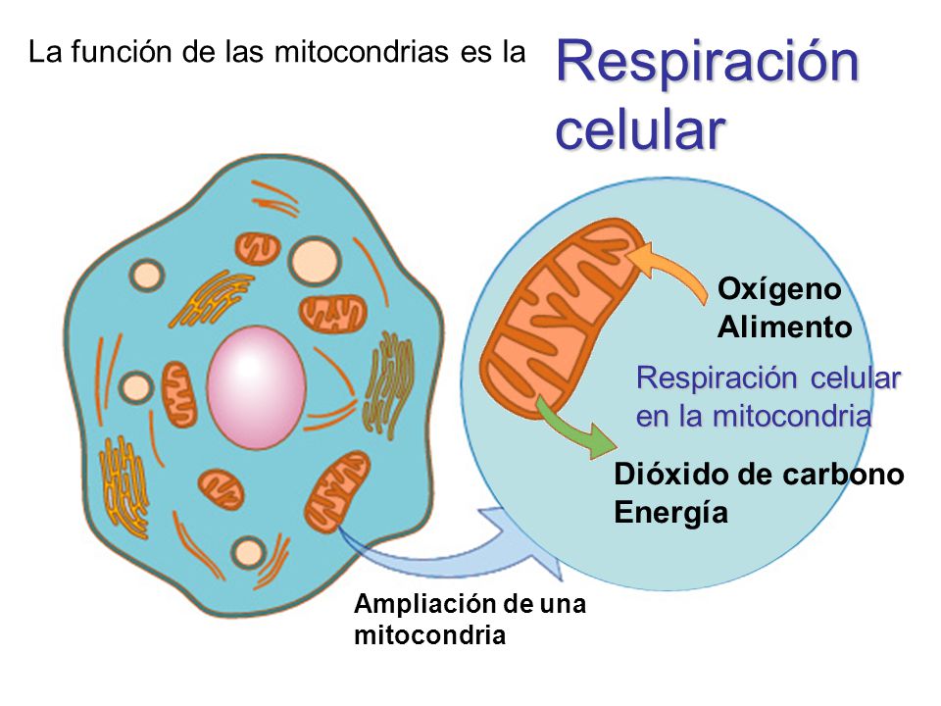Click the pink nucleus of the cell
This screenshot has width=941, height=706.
click(256, 387)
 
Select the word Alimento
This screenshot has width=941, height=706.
click(785, 328)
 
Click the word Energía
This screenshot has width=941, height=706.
click(670, 513)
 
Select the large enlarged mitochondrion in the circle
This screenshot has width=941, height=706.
click(560, 317)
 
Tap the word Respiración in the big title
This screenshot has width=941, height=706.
click(708, 63)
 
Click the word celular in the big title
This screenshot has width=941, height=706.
click(640, 129)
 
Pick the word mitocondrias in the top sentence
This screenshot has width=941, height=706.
click(362, 52)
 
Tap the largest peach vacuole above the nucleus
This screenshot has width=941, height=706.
click(315, 261)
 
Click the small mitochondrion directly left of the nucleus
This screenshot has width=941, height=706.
click(178, 394)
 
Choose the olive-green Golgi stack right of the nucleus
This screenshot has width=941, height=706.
click(388, 384)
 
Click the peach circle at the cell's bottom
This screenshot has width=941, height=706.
click(248, 552)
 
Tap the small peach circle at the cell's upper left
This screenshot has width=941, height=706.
click(146, 275)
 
